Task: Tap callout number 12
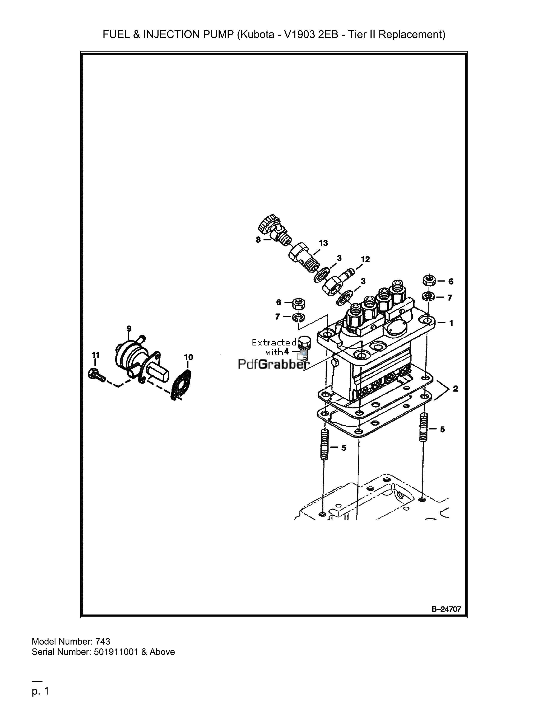(365, 259)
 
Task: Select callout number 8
(258, 240)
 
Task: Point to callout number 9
(129, 329)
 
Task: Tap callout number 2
(455, 389)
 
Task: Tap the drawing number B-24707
(446, 609)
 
